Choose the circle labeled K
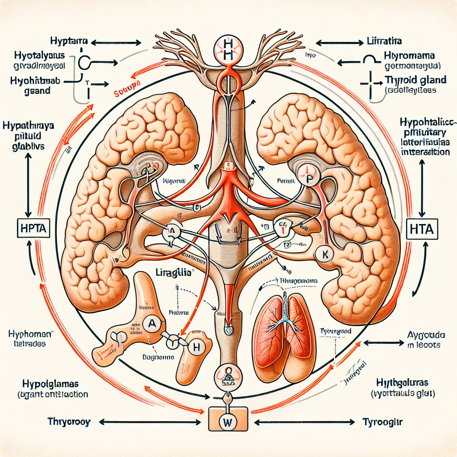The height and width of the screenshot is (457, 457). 324,255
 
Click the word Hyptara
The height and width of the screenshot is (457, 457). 68,42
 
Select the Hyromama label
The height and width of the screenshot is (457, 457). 410,57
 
